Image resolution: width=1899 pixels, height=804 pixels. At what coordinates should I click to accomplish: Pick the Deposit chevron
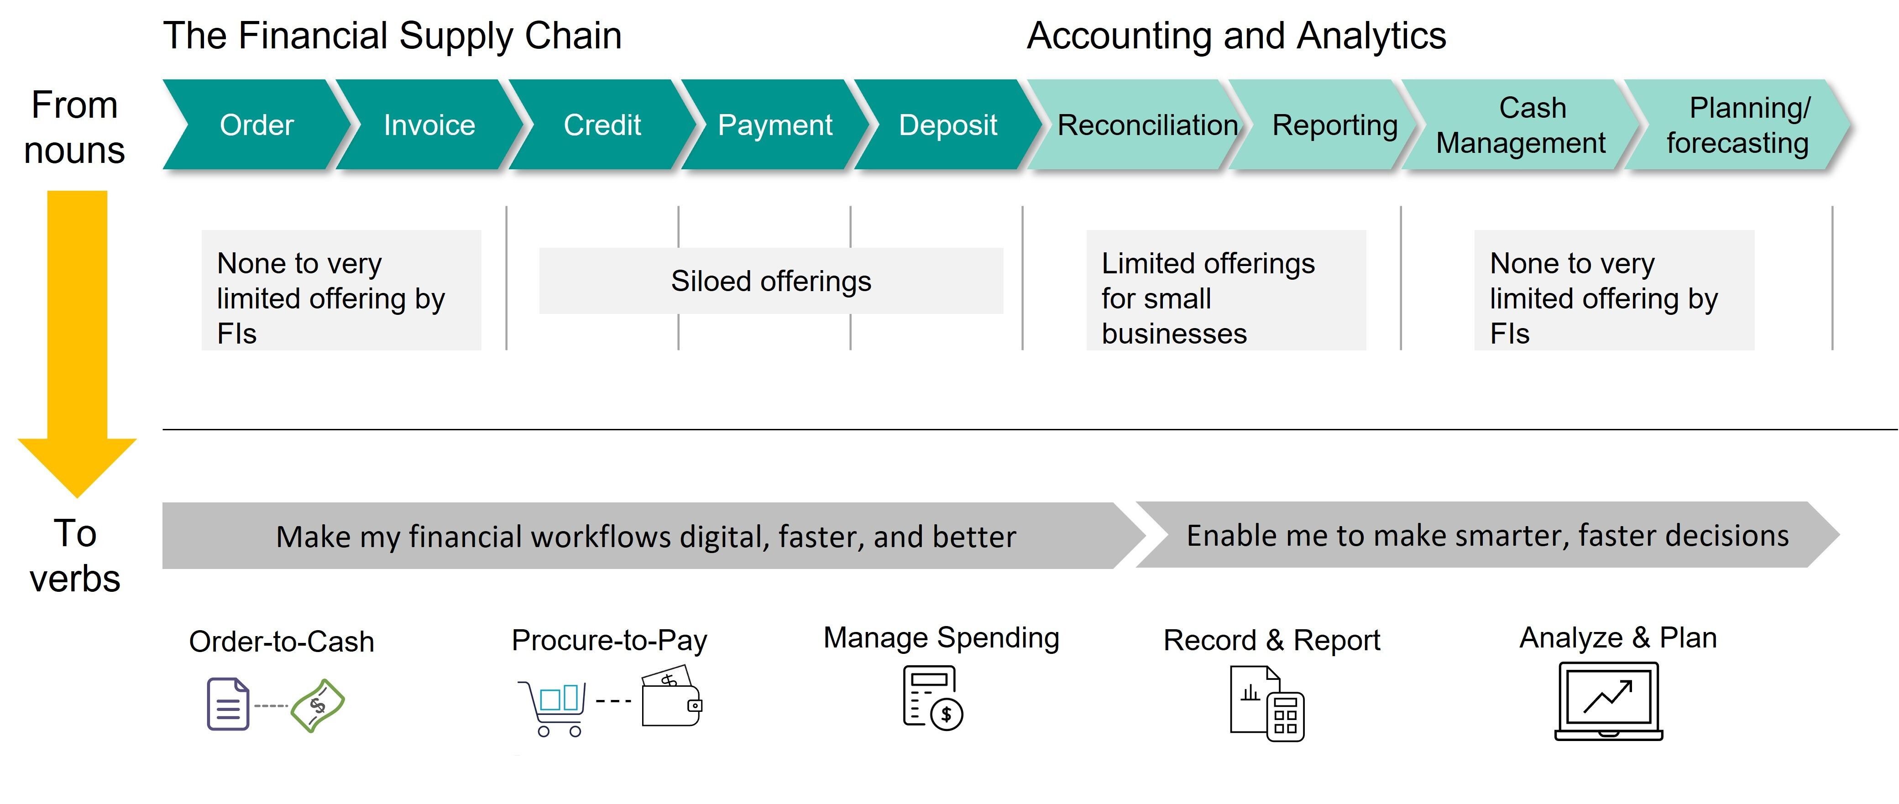click(x=948, y=125)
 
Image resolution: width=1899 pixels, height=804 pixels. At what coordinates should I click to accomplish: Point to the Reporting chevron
click(x=1327, y=125)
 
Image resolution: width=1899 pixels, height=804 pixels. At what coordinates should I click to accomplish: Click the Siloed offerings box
click(x=771, y=281)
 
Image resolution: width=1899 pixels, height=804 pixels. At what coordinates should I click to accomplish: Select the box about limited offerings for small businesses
click(x=1226, y=290)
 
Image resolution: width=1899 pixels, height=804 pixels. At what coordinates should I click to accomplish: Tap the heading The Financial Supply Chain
click(x=392, y=36)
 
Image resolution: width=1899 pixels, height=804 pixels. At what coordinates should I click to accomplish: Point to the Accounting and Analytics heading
click(x=1236, y=36)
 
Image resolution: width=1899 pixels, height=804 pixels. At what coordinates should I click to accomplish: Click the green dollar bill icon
click(x=318, y=706)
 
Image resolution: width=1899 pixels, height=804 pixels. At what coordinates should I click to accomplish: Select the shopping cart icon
click(x=553, y=707)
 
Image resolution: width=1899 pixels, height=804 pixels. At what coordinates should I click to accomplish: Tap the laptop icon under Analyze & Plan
click(x=1609, y=701)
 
